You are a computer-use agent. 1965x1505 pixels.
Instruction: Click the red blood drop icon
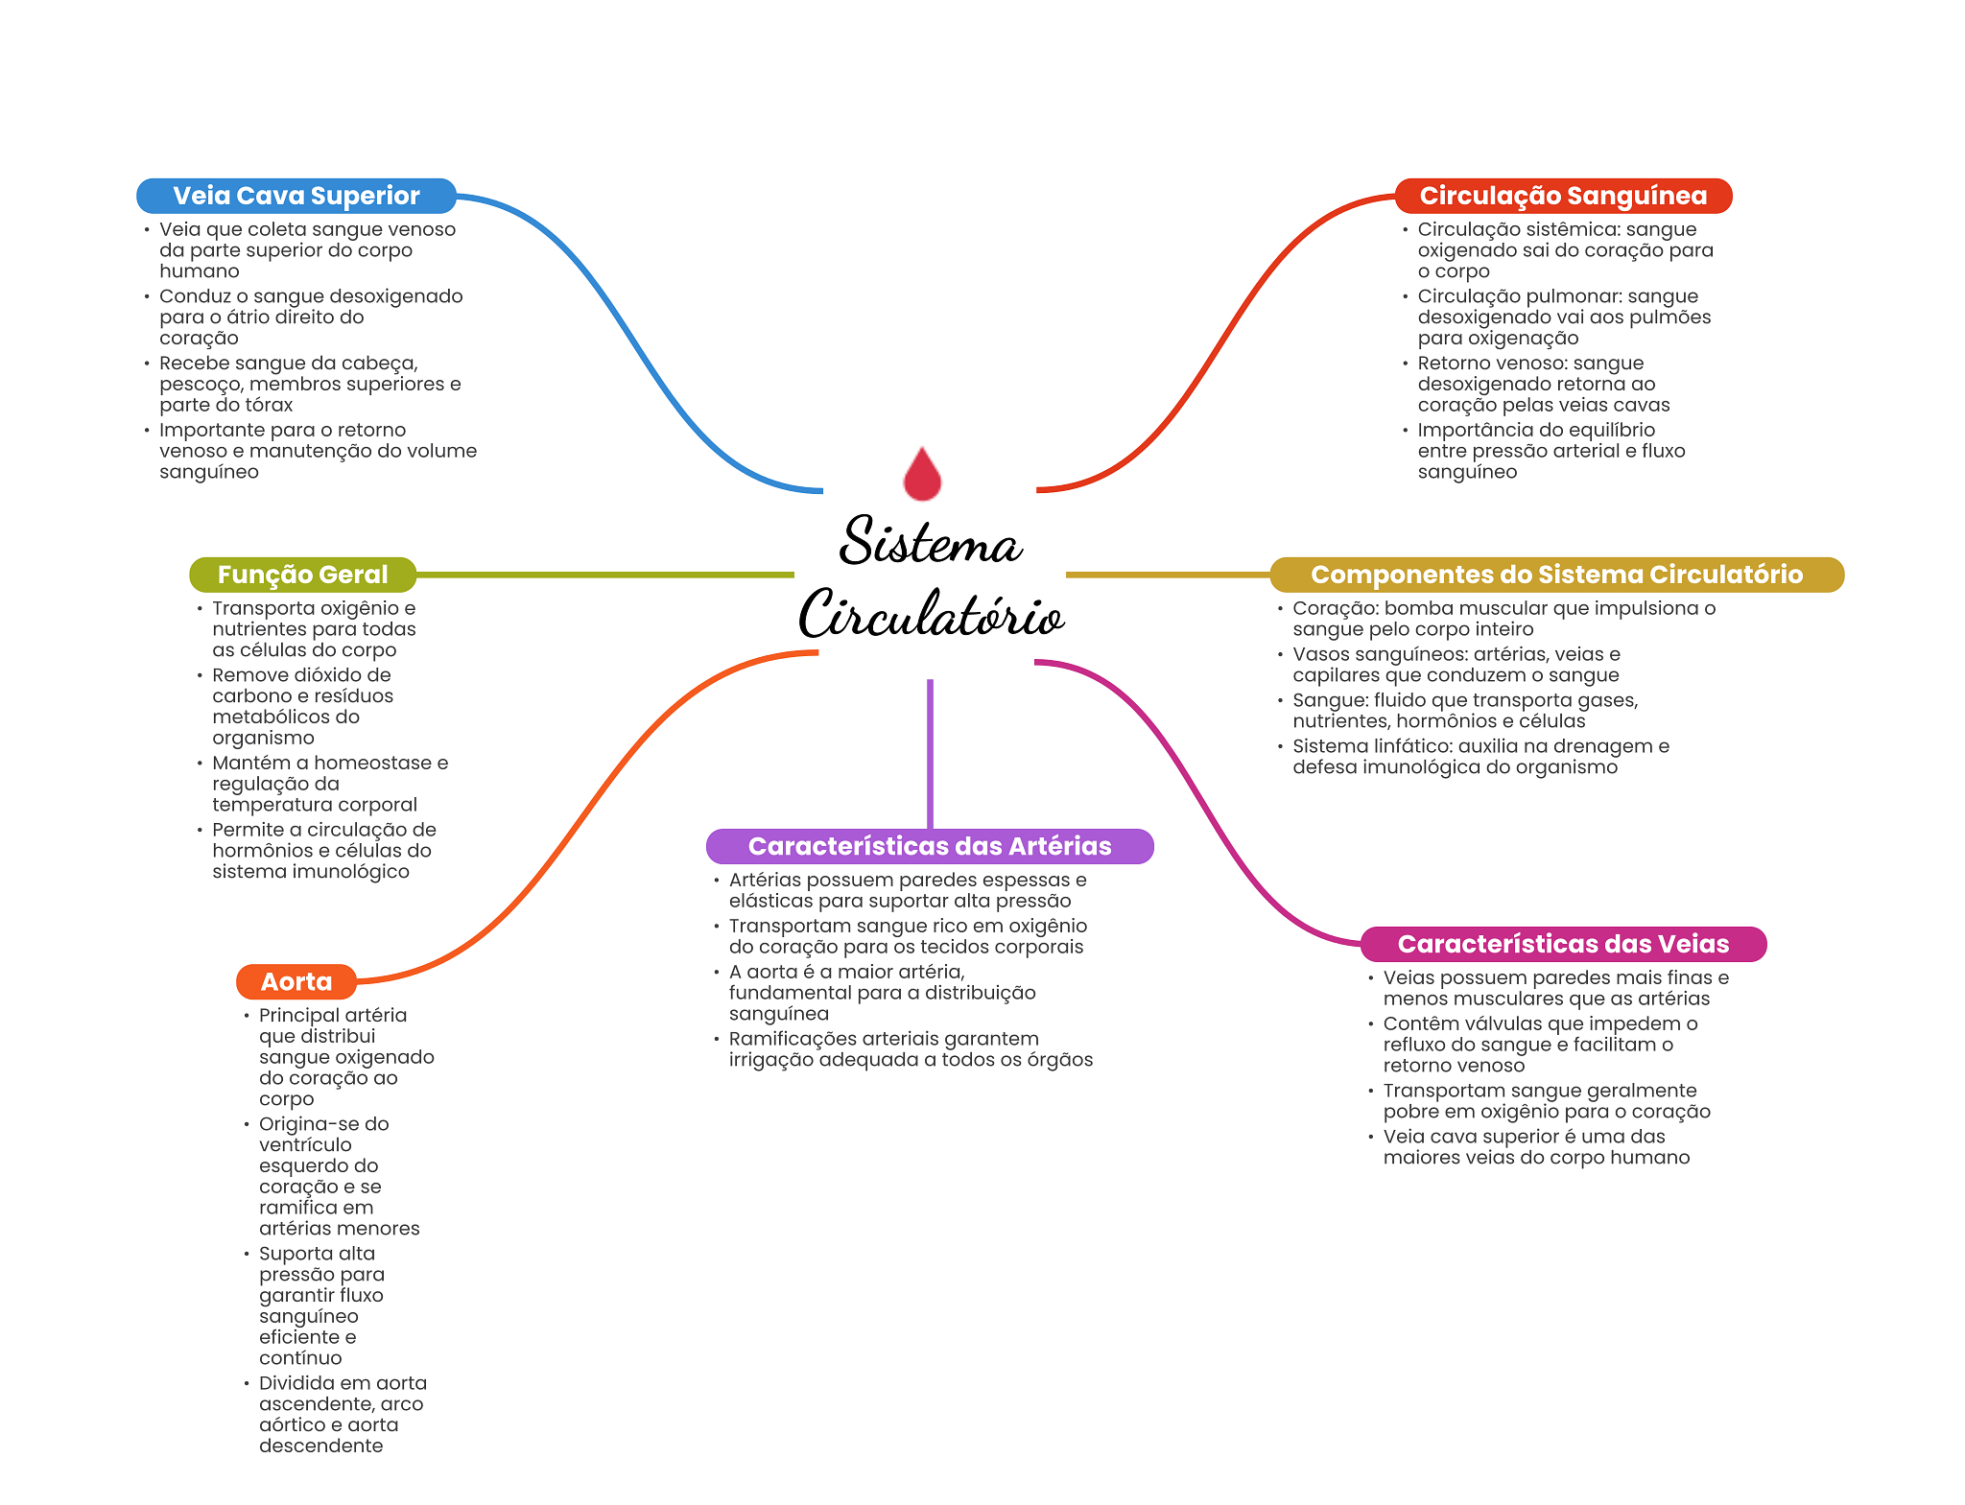(922, 475)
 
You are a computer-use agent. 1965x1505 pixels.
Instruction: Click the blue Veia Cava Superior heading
(296, 196)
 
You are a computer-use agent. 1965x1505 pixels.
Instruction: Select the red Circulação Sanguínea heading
(1562, 196)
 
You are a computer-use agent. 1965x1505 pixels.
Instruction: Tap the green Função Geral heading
(302, 575)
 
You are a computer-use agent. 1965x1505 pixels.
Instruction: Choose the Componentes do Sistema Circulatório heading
(1556, 575)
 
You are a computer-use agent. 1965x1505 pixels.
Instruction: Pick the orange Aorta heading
(296, 981)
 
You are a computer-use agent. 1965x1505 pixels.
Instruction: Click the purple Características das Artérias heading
(929, 846)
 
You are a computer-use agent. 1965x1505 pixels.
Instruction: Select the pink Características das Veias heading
(1563, 944)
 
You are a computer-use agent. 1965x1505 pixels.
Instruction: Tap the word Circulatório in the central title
(932, 614)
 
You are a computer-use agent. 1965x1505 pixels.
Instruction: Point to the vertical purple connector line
(930, 753)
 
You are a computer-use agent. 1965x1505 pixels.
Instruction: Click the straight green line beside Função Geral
(604, 575)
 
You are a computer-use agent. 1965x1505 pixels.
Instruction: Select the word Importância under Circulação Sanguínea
(1475, 430)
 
